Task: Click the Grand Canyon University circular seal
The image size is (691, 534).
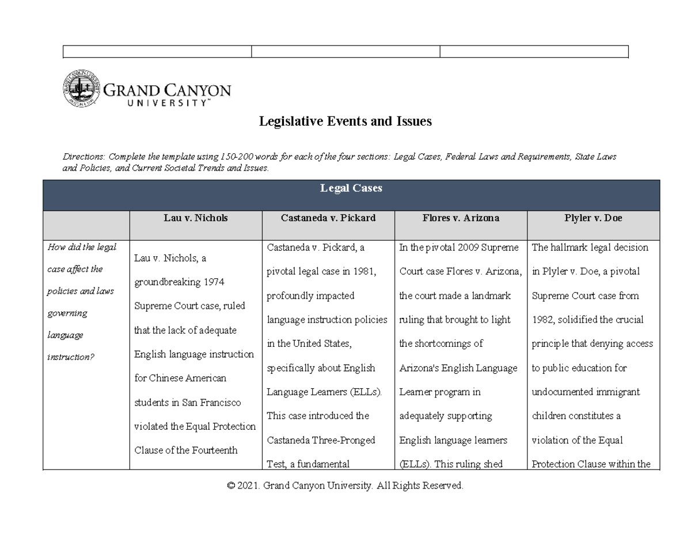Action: [81, 89]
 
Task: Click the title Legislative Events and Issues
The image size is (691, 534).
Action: [345, 122]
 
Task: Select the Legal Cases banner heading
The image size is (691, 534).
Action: [351, 189]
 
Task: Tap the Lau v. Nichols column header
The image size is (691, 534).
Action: [195, 218]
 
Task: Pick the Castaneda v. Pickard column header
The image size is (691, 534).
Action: [328, 218]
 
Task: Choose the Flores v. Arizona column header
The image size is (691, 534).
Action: [460, 218]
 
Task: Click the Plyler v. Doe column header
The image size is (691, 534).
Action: [593, 218]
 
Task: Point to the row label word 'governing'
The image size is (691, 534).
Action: [67, 313]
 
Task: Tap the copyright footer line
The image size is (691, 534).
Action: [345, 486]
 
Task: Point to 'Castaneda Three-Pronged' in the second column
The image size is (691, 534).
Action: [321, 440]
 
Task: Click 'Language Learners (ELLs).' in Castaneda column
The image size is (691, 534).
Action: [324, 392]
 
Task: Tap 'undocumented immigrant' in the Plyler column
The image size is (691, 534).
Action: [586, 392]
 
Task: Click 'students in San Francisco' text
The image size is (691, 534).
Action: [187, 403]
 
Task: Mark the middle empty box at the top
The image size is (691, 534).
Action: [345, 52]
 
